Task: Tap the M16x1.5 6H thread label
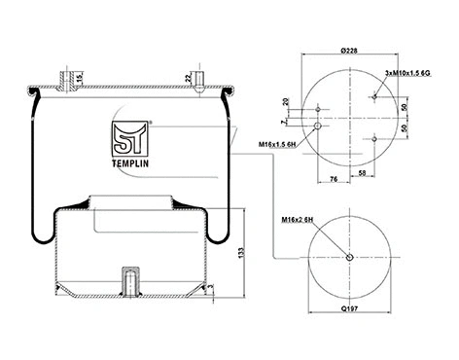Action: click(x=279, y=146)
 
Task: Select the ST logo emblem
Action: click(x=129, y=140)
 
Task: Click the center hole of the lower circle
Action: click(x=350, y=257)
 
